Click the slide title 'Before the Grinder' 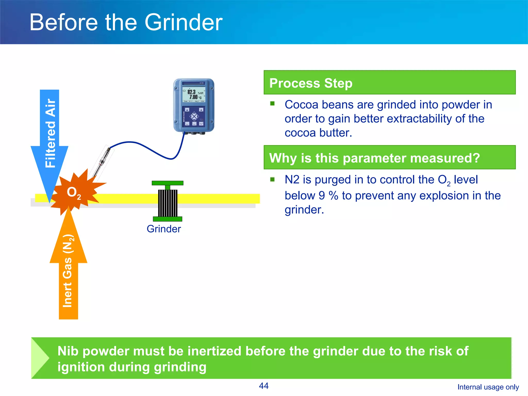pos(126,22)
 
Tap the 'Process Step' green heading pos(310,83)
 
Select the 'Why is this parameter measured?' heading pos(374,158)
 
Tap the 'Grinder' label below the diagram pos(164,229)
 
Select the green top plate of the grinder pos(168,183)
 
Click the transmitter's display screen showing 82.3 pos(194,94)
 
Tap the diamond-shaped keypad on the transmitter pos(194,117)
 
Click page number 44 pos(263,386)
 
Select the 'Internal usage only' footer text pos(488,387)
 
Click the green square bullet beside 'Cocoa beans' pos(273,104)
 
